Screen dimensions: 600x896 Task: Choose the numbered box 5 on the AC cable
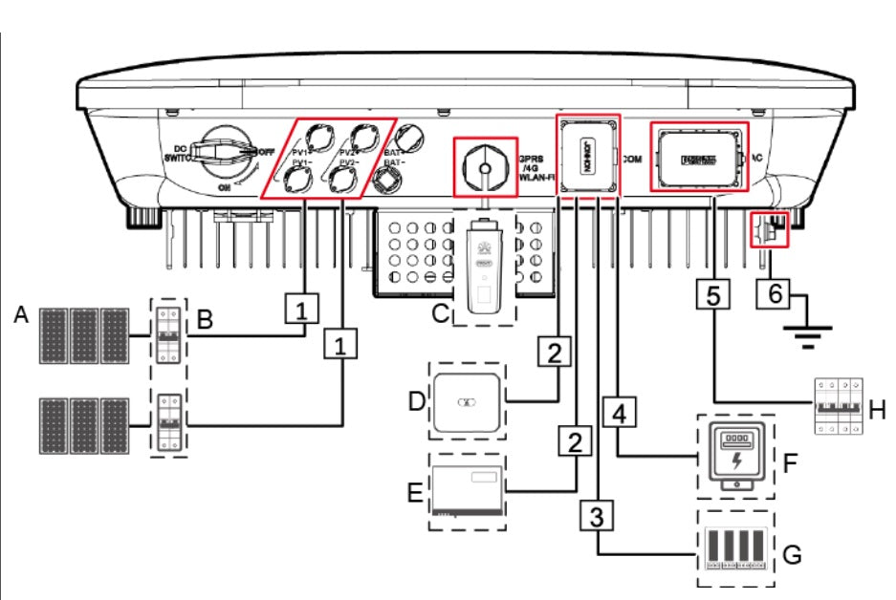coord(711,294)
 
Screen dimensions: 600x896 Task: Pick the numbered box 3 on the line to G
coord(595,517)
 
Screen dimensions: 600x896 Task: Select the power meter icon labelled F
coord(734,456)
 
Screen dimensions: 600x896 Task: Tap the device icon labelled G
coord(735,551)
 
